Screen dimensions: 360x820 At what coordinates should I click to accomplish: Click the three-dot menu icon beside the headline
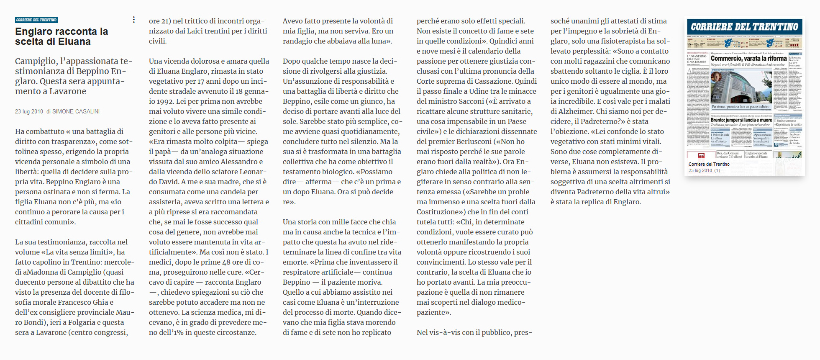click(134, 20)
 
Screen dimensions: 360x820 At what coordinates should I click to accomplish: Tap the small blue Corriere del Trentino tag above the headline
click(36, 20)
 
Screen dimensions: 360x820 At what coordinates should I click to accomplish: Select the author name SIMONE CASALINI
click(76, 111)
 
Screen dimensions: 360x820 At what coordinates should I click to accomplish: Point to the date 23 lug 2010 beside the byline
click(29, 111)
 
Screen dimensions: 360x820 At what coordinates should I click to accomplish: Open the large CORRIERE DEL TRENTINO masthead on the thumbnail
click(744, 27)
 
